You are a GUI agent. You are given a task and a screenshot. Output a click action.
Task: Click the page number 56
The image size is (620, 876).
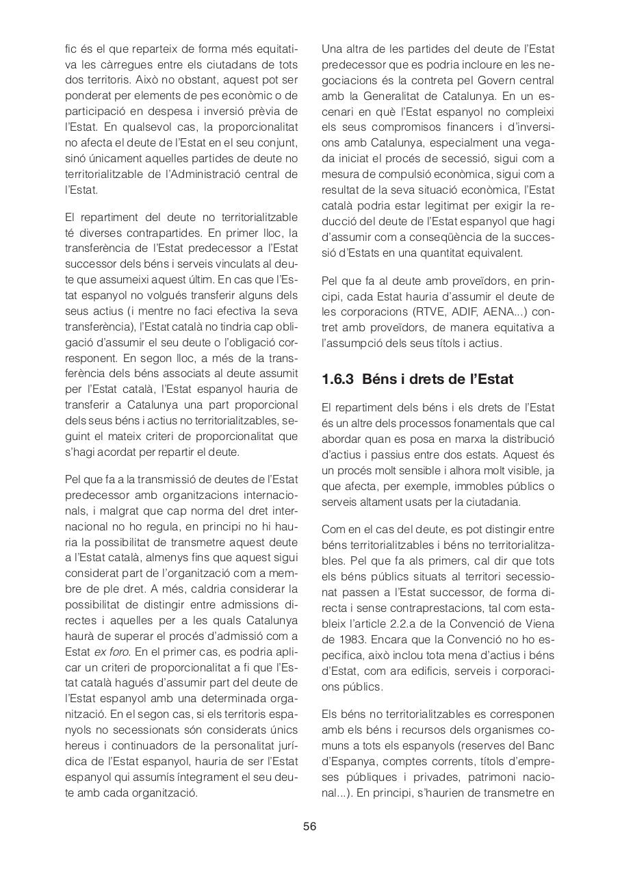[x=309, y=826]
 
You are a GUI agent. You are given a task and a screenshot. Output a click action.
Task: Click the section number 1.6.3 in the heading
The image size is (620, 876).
[x=338, y=378]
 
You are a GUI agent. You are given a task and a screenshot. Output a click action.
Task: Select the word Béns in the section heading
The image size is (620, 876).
[x=379, y=378]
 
